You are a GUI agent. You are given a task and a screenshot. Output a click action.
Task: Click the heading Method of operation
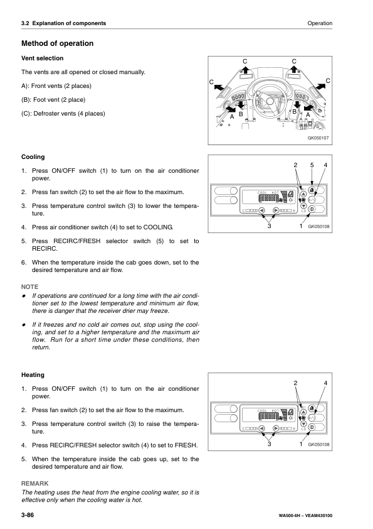57,44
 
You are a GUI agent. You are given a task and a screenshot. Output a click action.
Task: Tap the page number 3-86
31,515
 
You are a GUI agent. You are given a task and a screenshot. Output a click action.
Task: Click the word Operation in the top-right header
320,23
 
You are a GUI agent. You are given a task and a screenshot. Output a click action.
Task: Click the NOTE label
30,285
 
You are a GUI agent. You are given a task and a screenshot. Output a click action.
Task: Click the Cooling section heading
33,156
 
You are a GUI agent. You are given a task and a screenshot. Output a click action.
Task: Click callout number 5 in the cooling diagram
311,165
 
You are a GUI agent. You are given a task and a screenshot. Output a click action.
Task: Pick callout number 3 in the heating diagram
270,445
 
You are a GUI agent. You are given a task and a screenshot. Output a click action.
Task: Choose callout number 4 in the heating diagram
325,383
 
